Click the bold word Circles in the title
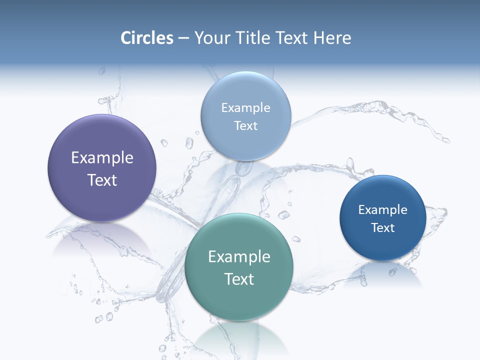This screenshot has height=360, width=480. click(x=147, y=38)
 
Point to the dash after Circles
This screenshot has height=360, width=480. click(x=183, y=38)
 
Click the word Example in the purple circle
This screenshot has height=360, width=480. click(x=102, y=158)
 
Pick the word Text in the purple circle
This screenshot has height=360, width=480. click(x=102, y=180)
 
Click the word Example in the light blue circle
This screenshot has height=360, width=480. click(x=245, y=108)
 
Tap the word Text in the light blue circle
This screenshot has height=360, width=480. click(x=245, y=126)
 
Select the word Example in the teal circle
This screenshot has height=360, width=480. click(x=239, y=257)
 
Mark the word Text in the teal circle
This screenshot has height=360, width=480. click(x=239, y=279)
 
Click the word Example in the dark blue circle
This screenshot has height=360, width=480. click(x=382, y=210)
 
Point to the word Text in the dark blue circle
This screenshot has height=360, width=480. click(x=382, y=228)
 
